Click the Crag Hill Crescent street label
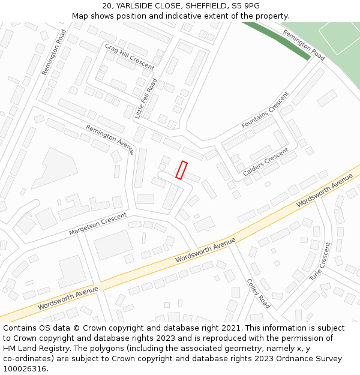tap(130, 57)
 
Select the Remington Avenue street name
tap(110, 139)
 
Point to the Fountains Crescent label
tap(265, 110)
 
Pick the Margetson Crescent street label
tap(98, 224)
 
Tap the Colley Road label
tap(259, 293)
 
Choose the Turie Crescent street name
tap(320, 262)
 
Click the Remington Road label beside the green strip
tap(304, 45)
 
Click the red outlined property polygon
tap(181, 170)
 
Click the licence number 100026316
tap(24, 368)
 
